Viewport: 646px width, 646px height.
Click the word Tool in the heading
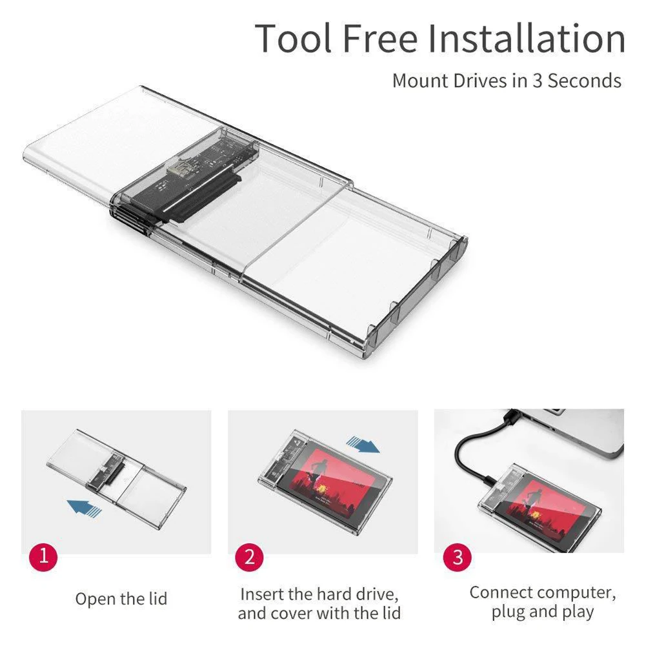click(294, 39)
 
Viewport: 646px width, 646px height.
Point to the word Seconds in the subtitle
click(585, 81)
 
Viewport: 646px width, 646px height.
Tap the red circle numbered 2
click(249, 557)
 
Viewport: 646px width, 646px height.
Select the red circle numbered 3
click(458, 557)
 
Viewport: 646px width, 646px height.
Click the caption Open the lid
click(121, 599)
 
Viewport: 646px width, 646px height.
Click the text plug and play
click(542, 612)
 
